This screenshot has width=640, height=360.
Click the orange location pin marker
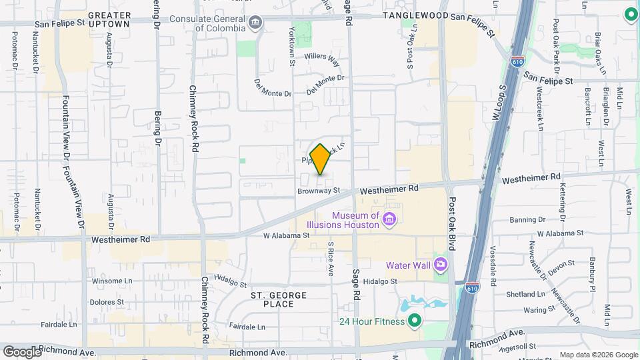(x=320, y=159)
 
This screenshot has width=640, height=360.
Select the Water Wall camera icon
(x=440, y=265)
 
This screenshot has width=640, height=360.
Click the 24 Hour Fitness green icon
(x=414, y=322)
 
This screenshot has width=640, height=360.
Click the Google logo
(x=22, y=351)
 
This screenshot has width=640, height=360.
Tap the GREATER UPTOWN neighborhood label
(x=109, y=19)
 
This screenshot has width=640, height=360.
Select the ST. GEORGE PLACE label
(x=279, y=299)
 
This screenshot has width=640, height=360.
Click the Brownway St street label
(x=319, y=191)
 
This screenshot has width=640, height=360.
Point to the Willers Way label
(x=322, y=58)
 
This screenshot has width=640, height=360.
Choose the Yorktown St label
(x=291, y=46)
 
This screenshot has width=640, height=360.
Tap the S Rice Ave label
(x=330, y=257)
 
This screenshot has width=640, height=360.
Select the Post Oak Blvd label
(x=453, y=223)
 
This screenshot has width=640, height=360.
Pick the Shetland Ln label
(x=526, y=294)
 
